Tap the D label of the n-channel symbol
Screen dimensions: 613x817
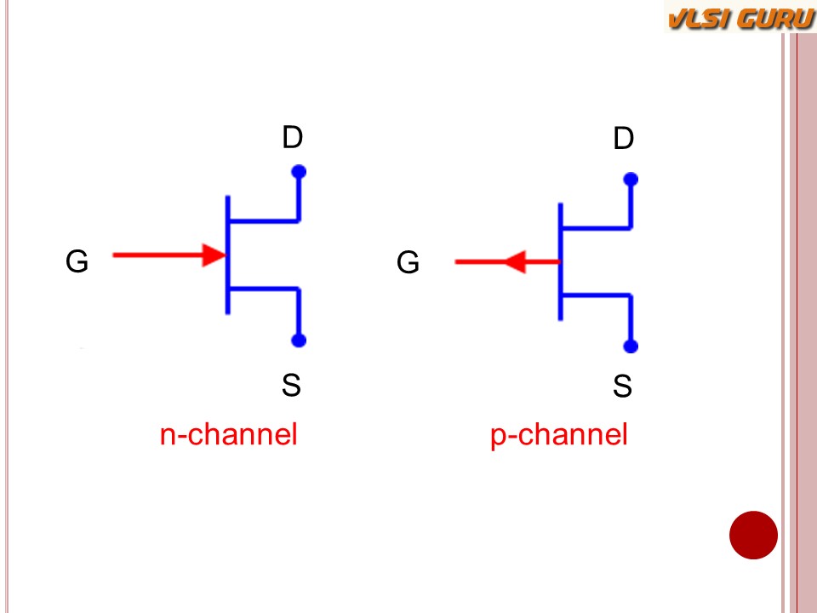pos(293,138)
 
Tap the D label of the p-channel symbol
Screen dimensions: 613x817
pos(624,139)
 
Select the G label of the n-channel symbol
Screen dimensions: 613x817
pos(77,261)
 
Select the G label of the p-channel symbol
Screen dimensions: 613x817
pos(408,263)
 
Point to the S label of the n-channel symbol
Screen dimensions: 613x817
pos(291,386)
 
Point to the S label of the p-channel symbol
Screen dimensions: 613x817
pos(622,387)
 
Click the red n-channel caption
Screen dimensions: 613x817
pos(228,435)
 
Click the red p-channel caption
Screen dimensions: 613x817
pos(558,435)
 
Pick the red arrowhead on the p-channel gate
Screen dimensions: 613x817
pos(514,262)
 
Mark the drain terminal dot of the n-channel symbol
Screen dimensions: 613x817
pos(299,172)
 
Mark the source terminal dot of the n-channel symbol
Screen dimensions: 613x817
pos(299,341)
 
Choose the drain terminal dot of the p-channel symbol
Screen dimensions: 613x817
pos(631,180)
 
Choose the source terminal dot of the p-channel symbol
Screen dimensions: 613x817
pos(631,347)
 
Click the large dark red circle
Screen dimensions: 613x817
pos(753,536)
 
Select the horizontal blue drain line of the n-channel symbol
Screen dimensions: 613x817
pos(264,221)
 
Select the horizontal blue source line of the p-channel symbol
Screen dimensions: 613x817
pos(596,295)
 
